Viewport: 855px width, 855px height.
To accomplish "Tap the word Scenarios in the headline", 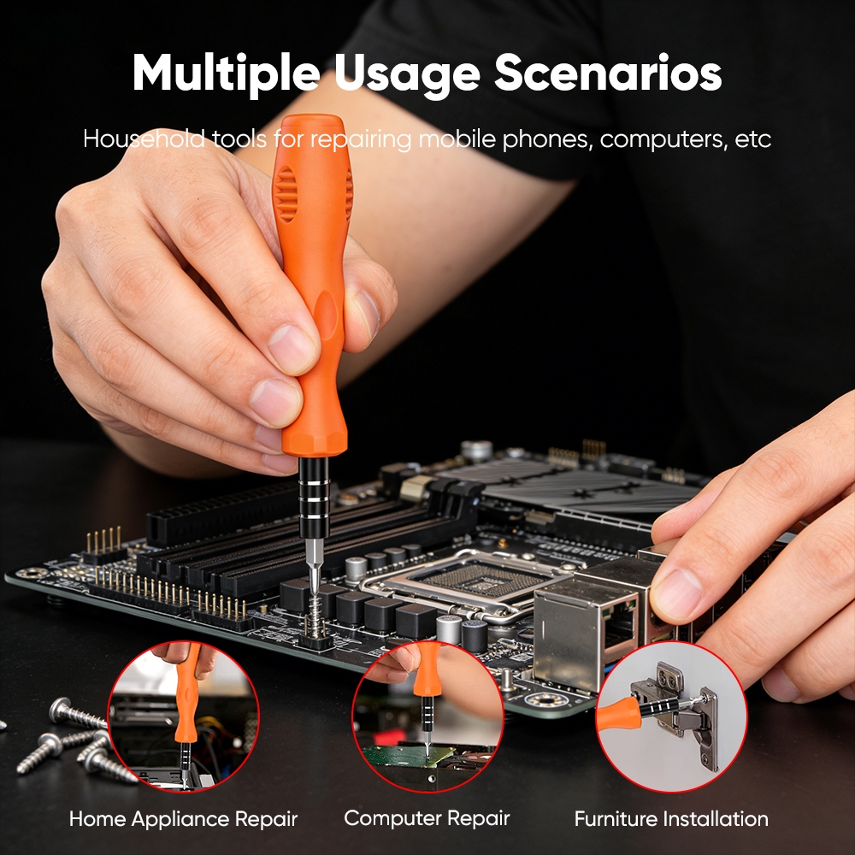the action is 608,73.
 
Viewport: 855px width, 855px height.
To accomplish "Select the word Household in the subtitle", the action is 144,139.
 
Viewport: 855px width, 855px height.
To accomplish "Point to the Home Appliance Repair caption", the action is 183,819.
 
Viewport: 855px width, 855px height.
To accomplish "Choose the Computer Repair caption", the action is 427,818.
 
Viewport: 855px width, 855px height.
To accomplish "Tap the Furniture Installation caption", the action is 671,819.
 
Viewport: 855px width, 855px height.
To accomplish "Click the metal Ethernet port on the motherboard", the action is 587,632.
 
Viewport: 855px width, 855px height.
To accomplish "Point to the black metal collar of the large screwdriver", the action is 314,496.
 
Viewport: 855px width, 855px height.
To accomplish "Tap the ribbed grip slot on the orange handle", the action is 286,194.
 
